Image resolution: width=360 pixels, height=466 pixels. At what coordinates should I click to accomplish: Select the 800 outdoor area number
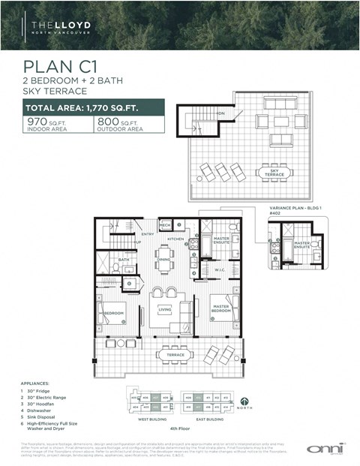107,121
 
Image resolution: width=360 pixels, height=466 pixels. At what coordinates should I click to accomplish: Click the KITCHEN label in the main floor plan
175,239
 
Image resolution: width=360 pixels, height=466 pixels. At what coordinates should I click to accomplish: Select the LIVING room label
165,308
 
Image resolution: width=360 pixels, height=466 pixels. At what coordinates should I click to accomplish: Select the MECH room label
164,224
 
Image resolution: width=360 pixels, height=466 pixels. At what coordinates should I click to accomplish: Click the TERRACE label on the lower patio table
175,354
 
